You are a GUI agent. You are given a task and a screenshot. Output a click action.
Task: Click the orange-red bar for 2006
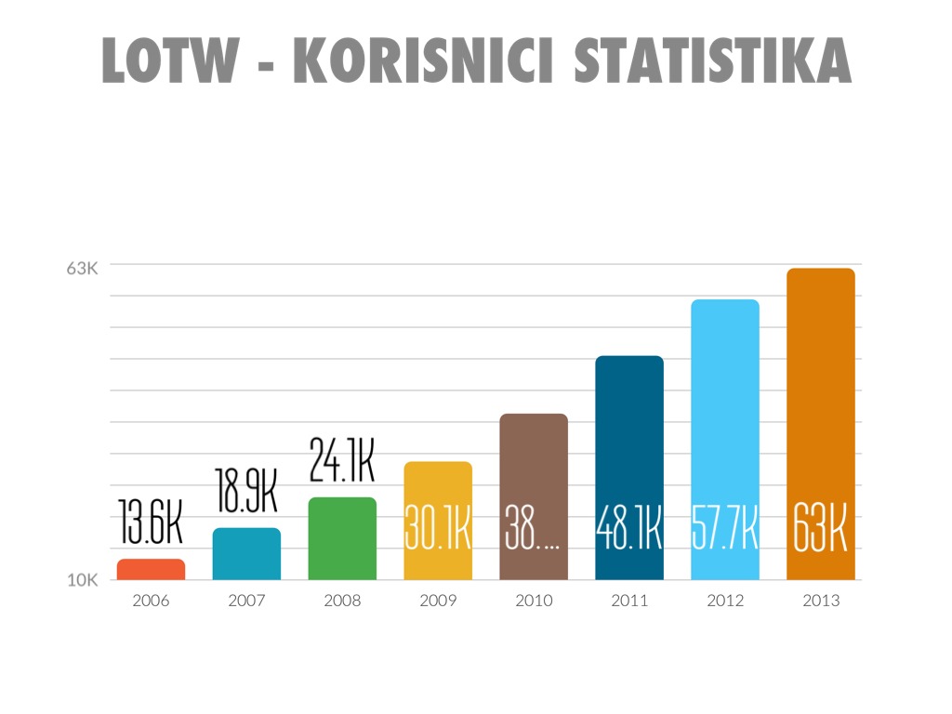(x=151, y=570)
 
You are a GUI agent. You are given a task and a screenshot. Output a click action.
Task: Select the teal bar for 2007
(x=246, y=554)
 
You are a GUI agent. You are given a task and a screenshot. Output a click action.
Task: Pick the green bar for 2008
(x=342, y=539)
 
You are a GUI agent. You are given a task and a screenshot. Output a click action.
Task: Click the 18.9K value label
(x=246, y=490)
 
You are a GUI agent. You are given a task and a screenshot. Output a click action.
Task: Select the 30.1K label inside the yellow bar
(x=438, y=528)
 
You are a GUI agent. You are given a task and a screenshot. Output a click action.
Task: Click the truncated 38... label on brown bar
(x=533, y=528)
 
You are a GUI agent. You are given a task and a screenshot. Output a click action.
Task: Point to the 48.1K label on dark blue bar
(x=628, y=528)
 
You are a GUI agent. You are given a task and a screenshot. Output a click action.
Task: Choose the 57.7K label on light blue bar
(x=724, y=528)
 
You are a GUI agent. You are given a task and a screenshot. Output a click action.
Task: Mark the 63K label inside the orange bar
(x=820, y=528)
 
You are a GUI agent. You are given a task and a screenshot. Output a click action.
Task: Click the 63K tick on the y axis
(x=82, y=269)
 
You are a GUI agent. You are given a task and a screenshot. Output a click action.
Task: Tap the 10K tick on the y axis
(x=82, y=581)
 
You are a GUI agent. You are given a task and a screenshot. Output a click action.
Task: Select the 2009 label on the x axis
(x=438, y=601)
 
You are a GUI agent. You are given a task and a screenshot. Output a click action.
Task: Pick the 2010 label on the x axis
(x=534, y=601)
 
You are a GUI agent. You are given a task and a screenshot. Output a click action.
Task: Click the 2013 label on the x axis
(x=821, y=601)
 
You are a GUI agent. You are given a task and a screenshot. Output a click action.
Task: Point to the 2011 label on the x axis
(x=629, y=601)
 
